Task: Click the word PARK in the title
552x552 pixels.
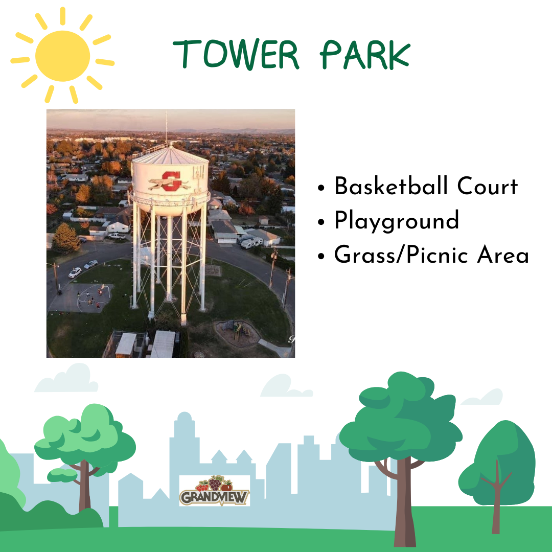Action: tap(365, 55)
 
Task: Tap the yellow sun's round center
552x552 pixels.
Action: tap(63, 56)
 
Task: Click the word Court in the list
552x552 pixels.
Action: tap(488, 186)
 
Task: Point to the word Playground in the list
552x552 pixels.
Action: tap(397, 221)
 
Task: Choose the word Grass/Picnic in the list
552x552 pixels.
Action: tap(401, 255)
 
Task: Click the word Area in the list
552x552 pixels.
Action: tap(503, 255)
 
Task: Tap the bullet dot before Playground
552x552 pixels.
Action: tap(320, 222)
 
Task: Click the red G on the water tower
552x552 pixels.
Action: tap(172, 181)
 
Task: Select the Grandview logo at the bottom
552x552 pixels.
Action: tap(214, 491)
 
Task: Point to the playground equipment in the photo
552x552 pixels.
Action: tap(238, 331)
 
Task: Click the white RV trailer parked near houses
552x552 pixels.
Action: tap(251, 243)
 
